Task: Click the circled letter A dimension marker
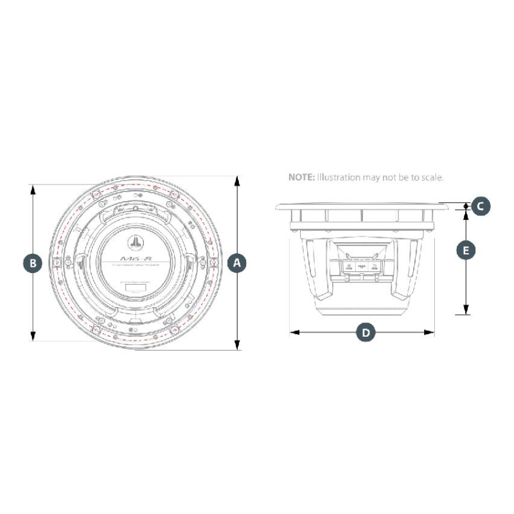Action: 237,262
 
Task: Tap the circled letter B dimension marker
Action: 32,262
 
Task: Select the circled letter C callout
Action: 481,206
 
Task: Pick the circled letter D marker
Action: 365,332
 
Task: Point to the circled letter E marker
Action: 466,250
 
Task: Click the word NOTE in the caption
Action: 300,177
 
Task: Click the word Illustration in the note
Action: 337,177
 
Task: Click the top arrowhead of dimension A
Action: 237,180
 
